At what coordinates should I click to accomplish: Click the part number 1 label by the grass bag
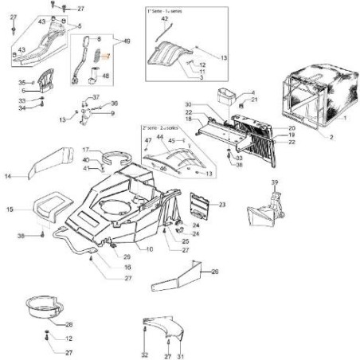[x=344, y=118]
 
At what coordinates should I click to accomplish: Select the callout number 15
[x=10, y=209]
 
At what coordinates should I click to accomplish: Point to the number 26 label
[x=213, y=272]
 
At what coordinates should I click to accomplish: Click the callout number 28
[x=69, y=324]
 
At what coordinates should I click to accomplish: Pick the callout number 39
[x=276, y=183]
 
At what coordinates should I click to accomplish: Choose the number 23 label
[x=222, y=205]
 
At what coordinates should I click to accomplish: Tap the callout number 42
[x=165, y=18]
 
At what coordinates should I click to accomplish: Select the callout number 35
[x=22, y=82]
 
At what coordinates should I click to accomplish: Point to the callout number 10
[x=148, y=249]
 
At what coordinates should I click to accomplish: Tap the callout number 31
[x=181, y=354]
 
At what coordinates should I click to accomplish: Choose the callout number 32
[x=144, y=354]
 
